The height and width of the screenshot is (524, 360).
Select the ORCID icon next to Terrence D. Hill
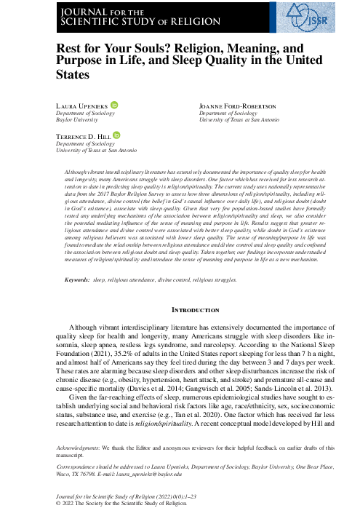tap(118, 135)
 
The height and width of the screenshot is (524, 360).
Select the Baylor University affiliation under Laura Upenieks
tap(76, 120)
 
